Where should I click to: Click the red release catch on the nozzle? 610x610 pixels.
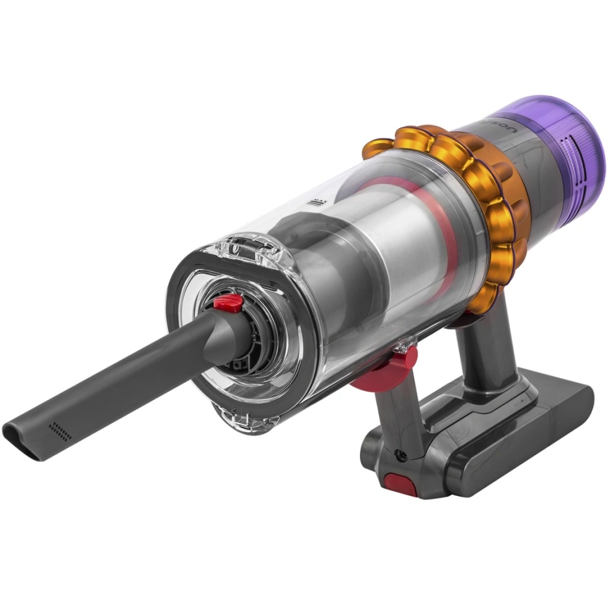coord(227,304)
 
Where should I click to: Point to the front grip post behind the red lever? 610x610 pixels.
coord(394,416)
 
